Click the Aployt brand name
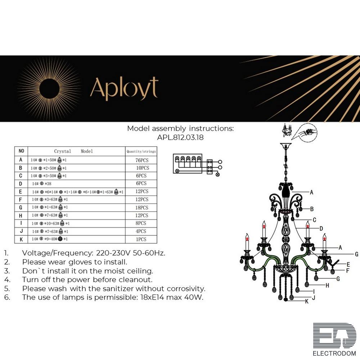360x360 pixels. click(x=124, y=88)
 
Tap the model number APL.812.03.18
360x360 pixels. click(x=180, y=137)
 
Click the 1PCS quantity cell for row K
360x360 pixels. click(x=141, y=239)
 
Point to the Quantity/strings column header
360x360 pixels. click(x=141, y=152)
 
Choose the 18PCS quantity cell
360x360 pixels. click(x=141, y=208)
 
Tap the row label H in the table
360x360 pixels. click(x=21, y=215)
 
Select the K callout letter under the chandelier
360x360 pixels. click(x=307, y=302)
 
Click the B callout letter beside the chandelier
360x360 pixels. click(x=312, y=209)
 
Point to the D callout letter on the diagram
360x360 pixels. click(x=321, y=228)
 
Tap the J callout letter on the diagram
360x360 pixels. click(x=314, y=297)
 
